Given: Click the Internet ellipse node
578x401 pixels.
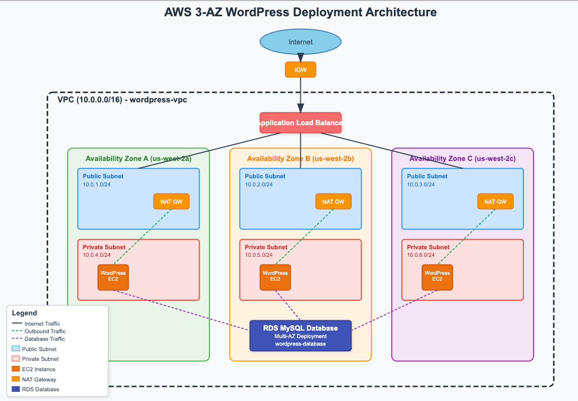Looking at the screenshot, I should point(300,42).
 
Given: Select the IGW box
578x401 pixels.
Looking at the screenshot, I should point(300,69).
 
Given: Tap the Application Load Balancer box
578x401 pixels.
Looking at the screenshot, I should point(300,122).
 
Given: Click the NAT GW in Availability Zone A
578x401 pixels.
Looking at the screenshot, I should point(171,202).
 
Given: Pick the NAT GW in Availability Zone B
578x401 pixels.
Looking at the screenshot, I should point(333,202).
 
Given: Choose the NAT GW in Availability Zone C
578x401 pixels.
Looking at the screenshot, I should point(495,202).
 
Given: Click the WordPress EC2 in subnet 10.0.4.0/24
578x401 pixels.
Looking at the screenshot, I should point(113,277).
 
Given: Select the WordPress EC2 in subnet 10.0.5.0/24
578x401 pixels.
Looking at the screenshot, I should point(275,277).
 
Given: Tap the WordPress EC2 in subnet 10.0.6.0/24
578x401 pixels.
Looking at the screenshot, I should point(437,277).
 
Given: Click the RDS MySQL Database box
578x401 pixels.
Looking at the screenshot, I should point(300,335).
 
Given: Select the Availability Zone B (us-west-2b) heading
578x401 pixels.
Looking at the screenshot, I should point(300,159).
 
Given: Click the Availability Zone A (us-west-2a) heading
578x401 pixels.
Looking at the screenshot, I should point(138,159).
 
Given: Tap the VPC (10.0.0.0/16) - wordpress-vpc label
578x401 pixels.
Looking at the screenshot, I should point(122,100).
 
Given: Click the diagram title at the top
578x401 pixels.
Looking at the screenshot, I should point(300,12).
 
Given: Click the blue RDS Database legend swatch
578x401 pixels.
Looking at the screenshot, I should point(15,389).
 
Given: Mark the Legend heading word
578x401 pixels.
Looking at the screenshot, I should point(24,313).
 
